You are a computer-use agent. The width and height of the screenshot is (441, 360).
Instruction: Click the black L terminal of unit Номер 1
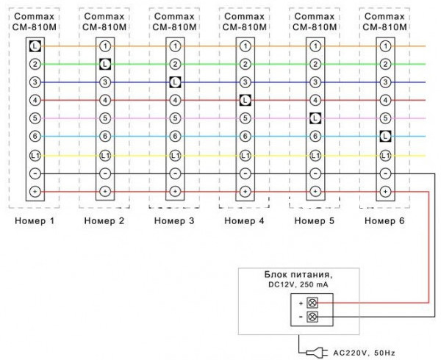pos(35,46)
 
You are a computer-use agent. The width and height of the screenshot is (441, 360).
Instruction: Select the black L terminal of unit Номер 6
pos(385,136)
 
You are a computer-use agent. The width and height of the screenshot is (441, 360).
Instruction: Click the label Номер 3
pos(174,220)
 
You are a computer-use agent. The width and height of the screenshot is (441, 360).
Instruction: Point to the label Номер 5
pos(315,220)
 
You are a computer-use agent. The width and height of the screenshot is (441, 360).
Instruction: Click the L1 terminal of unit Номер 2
pos(105,155)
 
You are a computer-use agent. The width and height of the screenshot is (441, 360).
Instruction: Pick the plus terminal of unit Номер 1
pos(35,191)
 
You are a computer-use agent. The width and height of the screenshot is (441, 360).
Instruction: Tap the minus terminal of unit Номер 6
pos(385,173)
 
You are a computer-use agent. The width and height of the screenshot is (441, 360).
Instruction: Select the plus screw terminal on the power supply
pos(311,302)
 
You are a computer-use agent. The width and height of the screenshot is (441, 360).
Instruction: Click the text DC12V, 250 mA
pos(297,285)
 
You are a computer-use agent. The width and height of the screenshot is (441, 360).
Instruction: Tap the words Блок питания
pos(297,274)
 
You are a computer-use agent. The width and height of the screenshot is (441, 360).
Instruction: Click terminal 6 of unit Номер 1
pos(35,136)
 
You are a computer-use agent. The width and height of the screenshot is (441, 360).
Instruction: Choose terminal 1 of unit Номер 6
pos(385,46)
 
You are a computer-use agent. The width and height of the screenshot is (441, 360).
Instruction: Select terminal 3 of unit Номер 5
pos(315,82)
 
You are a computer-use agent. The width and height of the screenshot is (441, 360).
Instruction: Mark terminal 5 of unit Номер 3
pos(175,118)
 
